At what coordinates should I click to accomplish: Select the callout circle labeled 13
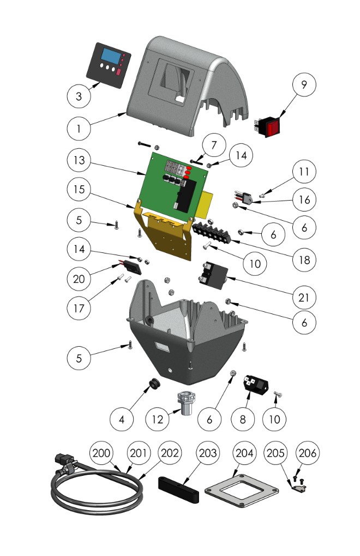(80, 162)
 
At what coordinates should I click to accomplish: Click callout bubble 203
(208, 452)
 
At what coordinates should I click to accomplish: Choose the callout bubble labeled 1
(80, 129)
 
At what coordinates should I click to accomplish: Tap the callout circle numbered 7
(213, 146)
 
